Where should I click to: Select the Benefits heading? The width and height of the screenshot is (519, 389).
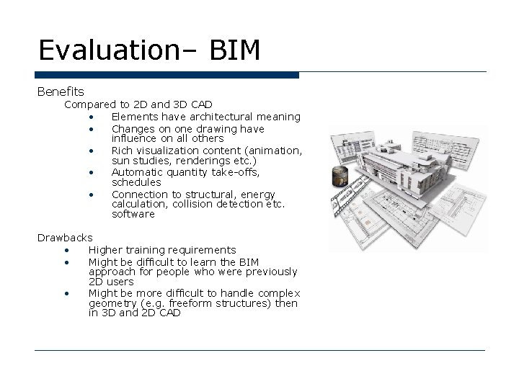tap(61, 91)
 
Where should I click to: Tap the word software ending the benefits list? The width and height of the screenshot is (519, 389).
tap(133, 214)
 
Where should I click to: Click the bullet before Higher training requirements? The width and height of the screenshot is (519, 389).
tap(67, 251)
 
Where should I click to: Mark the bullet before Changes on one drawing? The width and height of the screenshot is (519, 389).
tap(93, 129)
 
